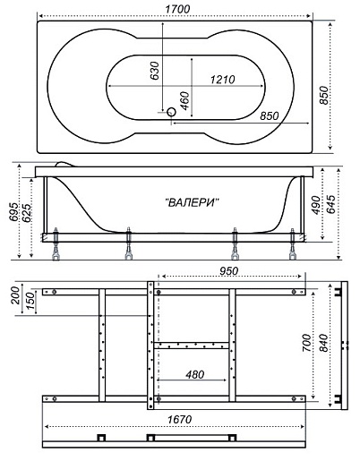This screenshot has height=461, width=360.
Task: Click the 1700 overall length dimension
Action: point(177,9)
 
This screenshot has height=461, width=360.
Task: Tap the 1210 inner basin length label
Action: point(222,80)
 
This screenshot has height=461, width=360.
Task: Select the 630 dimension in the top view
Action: point(154,71)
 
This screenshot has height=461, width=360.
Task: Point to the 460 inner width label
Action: point(184,101)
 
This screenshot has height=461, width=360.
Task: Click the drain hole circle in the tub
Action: point(171,112)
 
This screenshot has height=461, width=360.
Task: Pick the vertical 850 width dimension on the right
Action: point(323,95)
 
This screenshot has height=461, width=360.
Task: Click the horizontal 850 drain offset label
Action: point(269,115)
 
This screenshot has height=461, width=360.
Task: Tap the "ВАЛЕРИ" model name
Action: point(192,203)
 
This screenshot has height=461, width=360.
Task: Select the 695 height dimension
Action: point(13,212)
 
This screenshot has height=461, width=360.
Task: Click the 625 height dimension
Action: point(26,213)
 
